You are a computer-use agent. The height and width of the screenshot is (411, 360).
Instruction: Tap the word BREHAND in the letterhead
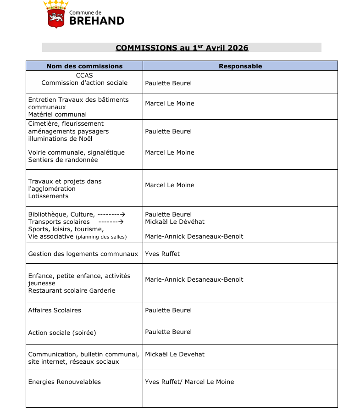[x=96, y=21]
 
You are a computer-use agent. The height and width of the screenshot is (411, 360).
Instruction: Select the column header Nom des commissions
[x=84, y=66]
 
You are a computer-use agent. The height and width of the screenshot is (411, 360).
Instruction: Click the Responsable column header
[x=240, y=66]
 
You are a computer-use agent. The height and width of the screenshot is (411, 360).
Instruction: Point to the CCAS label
[x=84, y=76]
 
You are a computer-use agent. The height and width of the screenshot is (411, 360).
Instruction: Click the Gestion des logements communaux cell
[x=83, y=254]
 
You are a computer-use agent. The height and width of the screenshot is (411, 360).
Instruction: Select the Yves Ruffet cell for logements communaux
[x=162, y=254]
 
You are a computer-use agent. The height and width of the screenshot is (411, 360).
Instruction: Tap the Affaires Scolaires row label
[x=55, y=310]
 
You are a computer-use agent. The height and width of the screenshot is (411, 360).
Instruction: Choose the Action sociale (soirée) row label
[x=62, y=333]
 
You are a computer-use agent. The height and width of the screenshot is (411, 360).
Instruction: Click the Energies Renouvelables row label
[x=65, y=382]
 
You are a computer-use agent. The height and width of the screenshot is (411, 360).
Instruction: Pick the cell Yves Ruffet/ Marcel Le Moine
[x=189, y=382]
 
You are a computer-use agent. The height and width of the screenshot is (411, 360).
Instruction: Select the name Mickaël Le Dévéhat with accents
[x=175, y=222]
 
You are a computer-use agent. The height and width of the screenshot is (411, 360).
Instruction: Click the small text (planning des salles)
[x=101, y=237]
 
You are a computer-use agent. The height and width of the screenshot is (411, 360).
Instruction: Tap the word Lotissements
[x=48, y=196]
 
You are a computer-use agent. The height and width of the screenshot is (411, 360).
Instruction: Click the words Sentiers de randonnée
[x=63, y=160]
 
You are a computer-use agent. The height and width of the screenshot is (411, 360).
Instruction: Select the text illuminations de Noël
[x=60, y=139]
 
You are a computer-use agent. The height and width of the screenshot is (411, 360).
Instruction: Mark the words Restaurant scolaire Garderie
[x=72, y=290]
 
